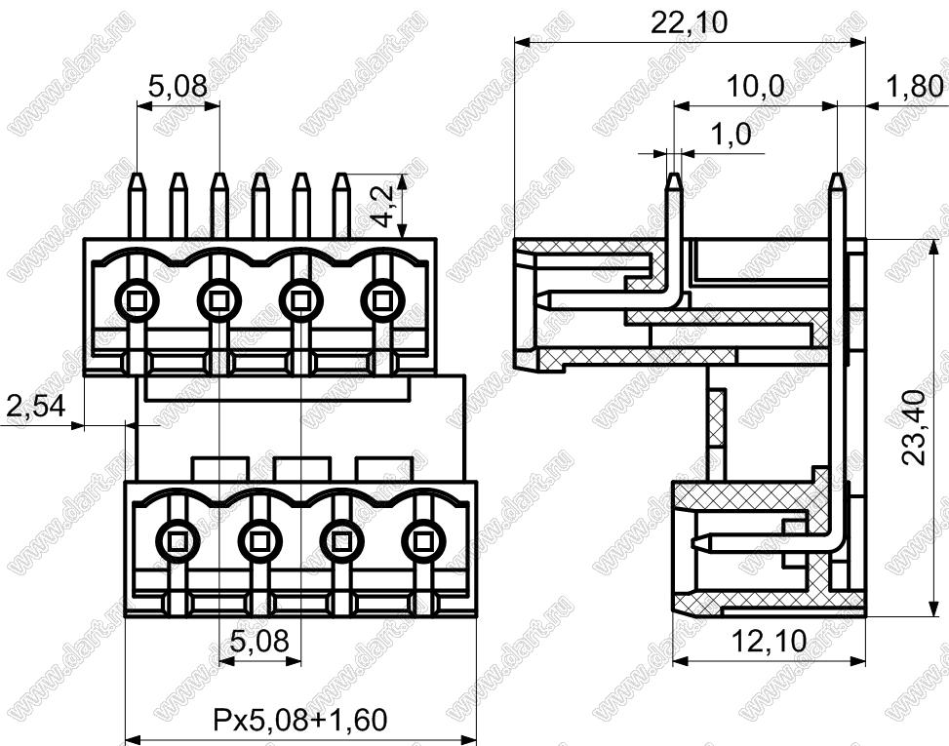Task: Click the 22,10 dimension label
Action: point(689,23)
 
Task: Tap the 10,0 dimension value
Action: point(755,87)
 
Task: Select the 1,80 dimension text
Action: point(914,87)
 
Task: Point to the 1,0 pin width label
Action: point(730,135)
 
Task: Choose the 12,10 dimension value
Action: point(770,642)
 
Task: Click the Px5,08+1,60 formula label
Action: point(299,720)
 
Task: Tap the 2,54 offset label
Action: point(35,406)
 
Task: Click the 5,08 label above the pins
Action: point(178,87)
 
